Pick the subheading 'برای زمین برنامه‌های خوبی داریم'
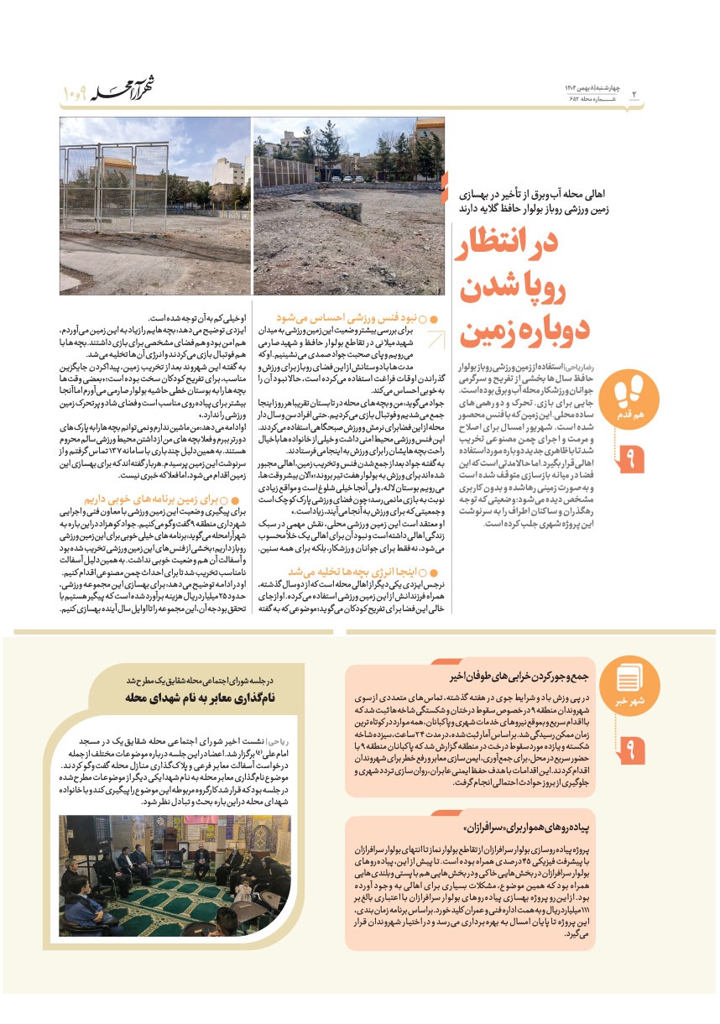tap(164, 498)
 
